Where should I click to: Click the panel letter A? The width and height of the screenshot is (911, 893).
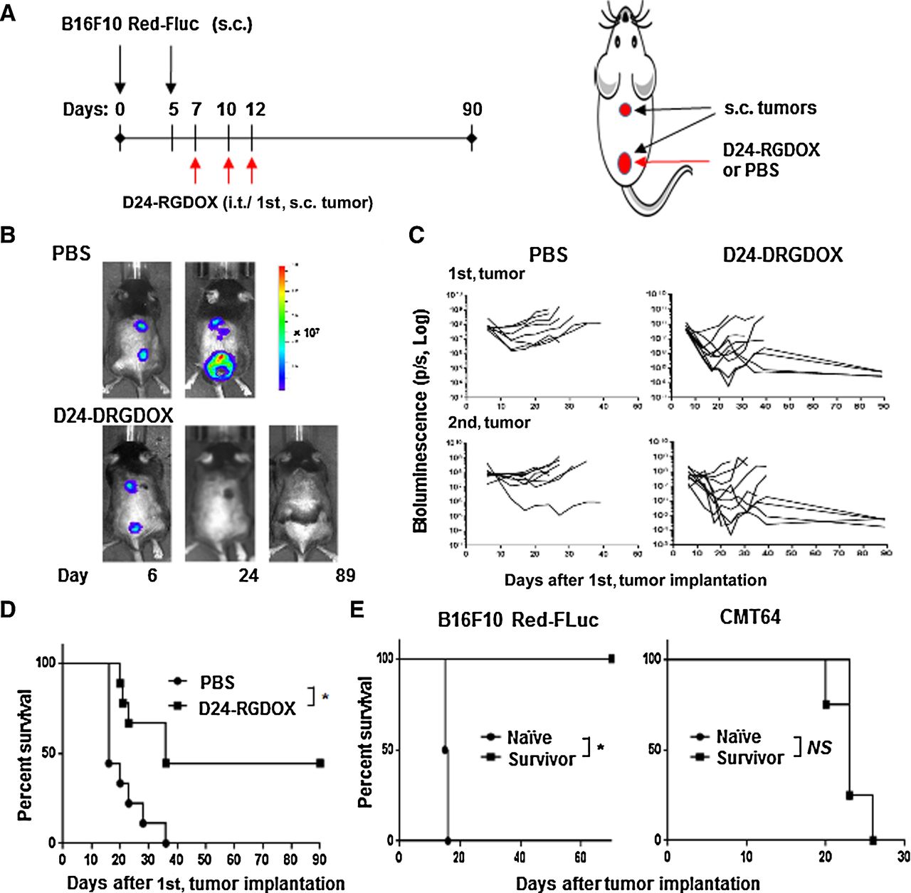pos(9,13)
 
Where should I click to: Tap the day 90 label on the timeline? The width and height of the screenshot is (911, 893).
pos(472,109)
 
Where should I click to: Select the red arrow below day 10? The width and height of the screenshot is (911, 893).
pos(228,171)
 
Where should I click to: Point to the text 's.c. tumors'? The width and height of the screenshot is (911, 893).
pos(770,108)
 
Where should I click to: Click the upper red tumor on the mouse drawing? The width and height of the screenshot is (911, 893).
pos(625,110)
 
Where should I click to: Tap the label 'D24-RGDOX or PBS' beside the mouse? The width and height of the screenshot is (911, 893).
pos(771,160)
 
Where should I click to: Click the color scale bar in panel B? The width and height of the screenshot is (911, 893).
pos(283,327)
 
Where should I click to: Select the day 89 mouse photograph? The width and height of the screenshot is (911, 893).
pos(303,493)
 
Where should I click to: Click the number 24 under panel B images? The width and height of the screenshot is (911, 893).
pos(248,575)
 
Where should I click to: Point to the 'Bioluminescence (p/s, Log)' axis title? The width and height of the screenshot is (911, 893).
pos(421,420)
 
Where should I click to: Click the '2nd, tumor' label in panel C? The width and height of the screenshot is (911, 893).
pos(489,423)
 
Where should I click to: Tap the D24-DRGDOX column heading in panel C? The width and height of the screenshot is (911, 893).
pos(782,255)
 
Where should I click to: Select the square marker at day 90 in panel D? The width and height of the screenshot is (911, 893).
pos(320,763)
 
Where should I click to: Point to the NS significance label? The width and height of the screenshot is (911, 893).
pos(818,747)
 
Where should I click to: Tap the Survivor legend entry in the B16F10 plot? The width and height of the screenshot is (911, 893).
pos(541,759)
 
